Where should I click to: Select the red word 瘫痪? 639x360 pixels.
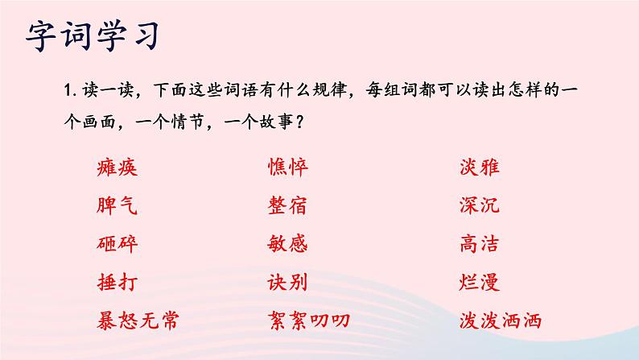pyautogui.click(x=116, y=168)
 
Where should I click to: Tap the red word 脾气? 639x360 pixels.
pyautogui.click(x=116, y=205)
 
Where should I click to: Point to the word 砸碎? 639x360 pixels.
pyautogui.click(x=116, y=243)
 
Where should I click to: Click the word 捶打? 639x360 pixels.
pyautogui.click(x=116, y=282)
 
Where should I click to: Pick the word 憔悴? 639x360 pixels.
pyautogui.click(x=287, y=168)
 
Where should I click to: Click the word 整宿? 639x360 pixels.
pyautogui.click(x=287, y=205)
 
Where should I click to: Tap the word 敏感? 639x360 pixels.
pyautogui.click(x=287, y=243)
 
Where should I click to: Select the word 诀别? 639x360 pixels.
pyautogui.click(x=287, y=282)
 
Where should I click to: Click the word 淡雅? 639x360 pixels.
pyautogui.click(x=480, y=168)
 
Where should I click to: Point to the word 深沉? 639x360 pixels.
pyautogui.click(x=480, y=205)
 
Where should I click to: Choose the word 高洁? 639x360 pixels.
pyautogui.click(x=480, y=243)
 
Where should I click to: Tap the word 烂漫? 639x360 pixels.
pyautogui.click(x=480, y=282)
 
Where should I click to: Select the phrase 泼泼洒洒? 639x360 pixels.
pyautogui.click(x=501, y=321)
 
